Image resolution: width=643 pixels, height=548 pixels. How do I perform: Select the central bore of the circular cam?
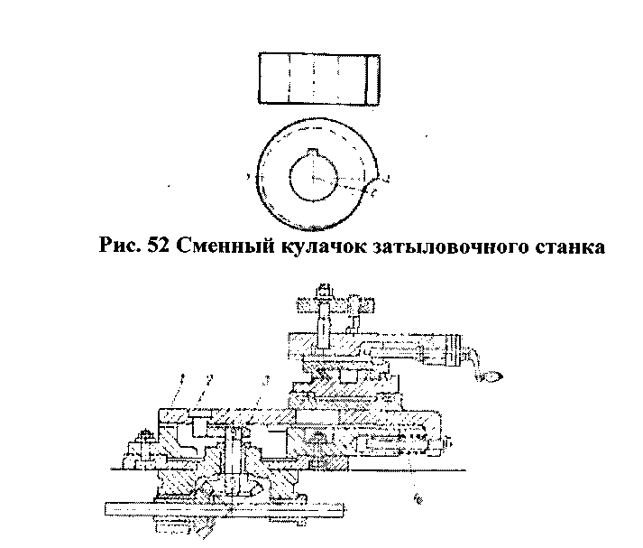click(313, 177)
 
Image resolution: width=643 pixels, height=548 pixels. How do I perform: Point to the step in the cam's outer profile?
click(373, 190)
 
